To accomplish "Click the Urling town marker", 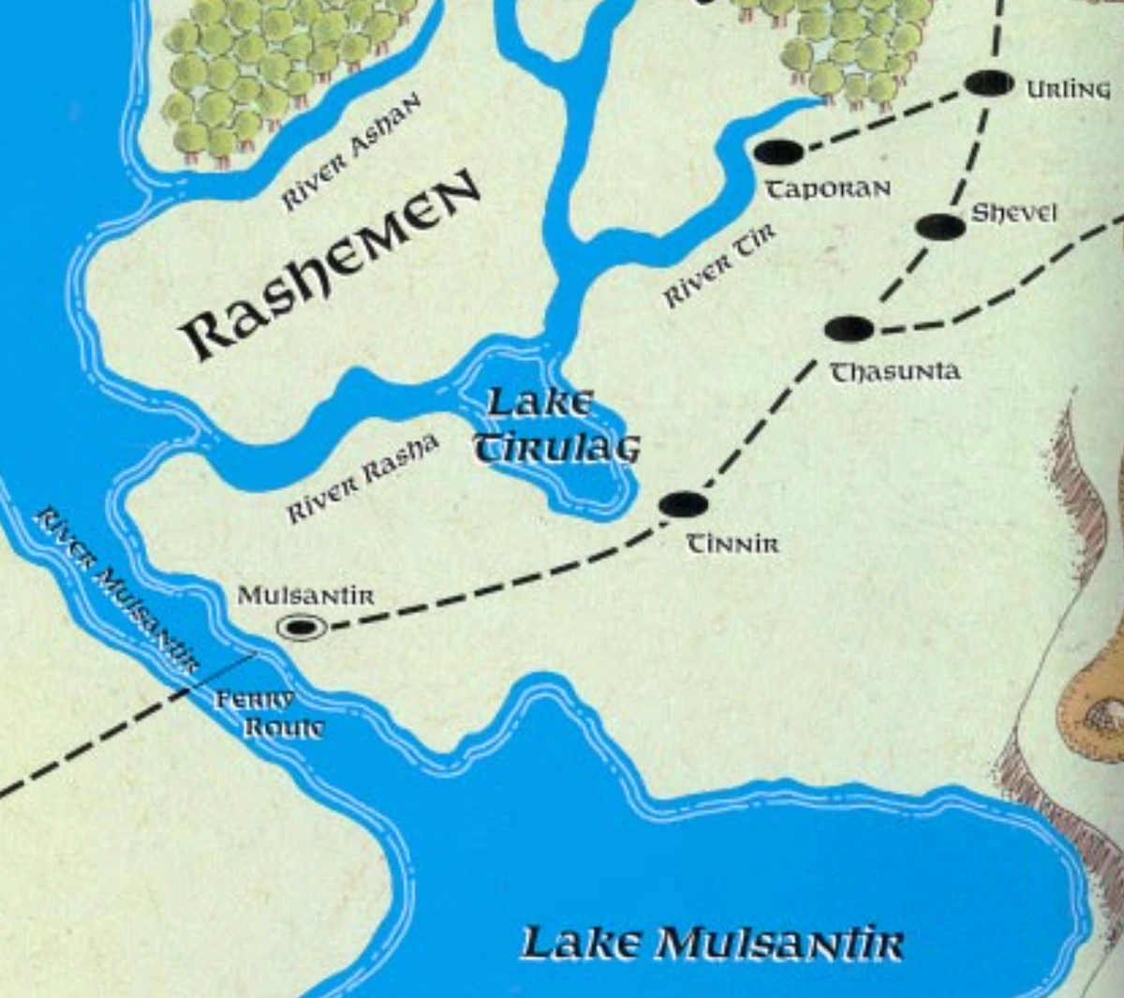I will point(988,83).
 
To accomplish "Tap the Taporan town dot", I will point(778,151).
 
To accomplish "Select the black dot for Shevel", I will point(939,227).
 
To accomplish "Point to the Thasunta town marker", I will point(850,329).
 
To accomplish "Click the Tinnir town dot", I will point(683,504).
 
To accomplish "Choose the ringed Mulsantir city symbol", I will point(302,626).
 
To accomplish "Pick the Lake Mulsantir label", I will point(712,944).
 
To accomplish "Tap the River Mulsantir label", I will point(117,590).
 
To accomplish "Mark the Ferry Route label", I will point(269,713).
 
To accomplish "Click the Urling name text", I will point(1068,89).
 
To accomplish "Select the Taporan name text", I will point(828,189).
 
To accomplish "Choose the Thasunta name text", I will point(895,372).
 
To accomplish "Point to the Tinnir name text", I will point(732,544).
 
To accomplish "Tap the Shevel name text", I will point(1013,213).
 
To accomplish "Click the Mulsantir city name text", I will point(305,595).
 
